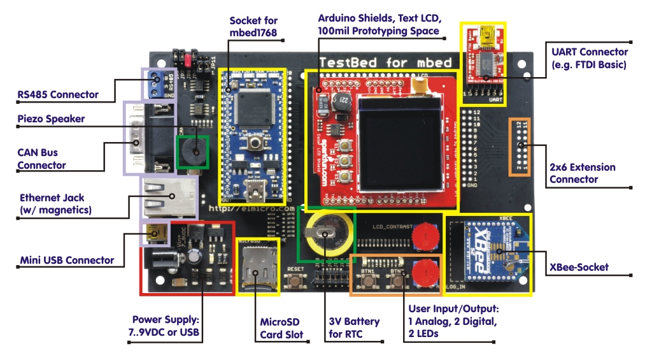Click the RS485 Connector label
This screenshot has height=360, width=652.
pos(58,94)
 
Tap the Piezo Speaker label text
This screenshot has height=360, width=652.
pos(51,119)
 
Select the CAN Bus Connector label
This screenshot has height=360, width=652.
pos(41,159)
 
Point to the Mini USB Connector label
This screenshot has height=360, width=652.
pos(67,260)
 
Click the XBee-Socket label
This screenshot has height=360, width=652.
pos(579,267)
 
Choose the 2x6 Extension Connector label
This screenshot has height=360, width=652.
pos(582,173)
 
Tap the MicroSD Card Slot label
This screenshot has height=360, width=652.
pos(280,328)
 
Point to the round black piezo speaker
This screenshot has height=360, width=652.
pos(192,150)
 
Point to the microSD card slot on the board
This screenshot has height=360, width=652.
pos(257,267)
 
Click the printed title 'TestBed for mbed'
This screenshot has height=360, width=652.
pos(385,62)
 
